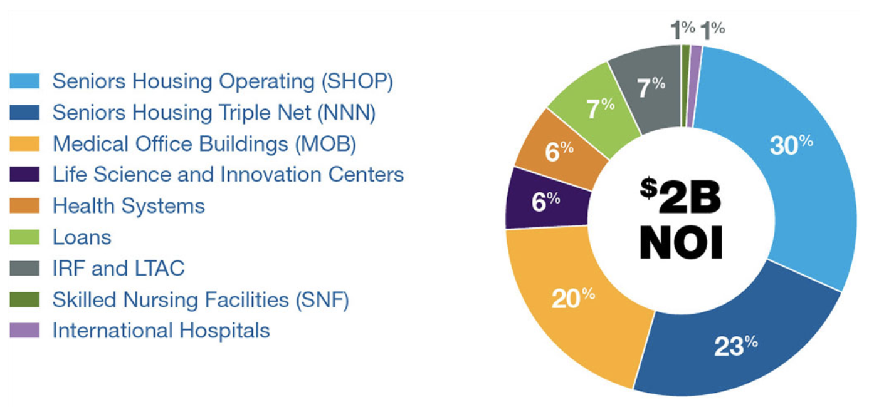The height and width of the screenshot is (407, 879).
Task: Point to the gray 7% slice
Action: pyautogui.click(x=650, y=88)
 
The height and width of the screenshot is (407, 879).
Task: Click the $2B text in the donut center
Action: pyautogui.click(x=681, y=195)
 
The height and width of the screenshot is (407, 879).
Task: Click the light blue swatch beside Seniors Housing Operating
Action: pyautogui.click(x=24, y=81)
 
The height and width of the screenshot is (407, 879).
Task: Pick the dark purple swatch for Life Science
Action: pyautogui.click(x=24, y=174)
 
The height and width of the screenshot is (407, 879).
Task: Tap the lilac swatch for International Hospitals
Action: pyautogui.click(x=24, y=330)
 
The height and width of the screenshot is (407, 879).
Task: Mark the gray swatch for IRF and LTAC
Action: pyautogui.click(x=24, y=269)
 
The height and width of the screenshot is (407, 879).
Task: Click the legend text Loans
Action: pyautogui.click(x=82, y=237)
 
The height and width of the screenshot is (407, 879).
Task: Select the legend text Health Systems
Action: pyautogui.click(x=129, y=206)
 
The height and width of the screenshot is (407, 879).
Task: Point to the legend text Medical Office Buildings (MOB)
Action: pyautogui.click(x=204, y=144)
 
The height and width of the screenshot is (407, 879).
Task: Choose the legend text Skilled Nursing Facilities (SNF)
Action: pyautogui.click(x=201, y=300)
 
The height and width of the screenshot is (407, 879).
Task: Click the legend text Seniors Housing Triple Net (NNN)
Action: pyautogui.click(x=214, y=113)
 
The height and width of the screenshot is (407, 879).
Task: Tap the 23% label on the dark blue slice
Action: pyautogui.click(x=736, y=346)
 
